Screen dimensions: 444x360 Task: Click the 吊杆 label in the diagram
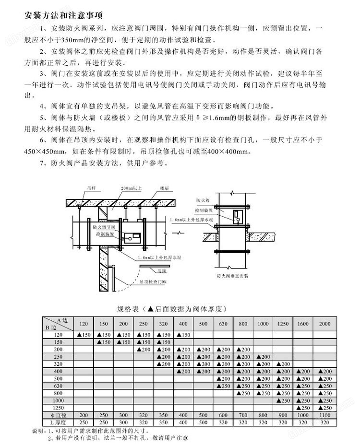(91, 189)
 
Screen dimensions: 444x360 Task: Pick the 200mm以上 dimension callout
(131, 189)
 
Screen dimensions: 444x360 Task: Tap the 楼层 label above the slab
(166, 189)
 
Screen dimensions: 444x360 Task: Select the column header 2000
(324, 324)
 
